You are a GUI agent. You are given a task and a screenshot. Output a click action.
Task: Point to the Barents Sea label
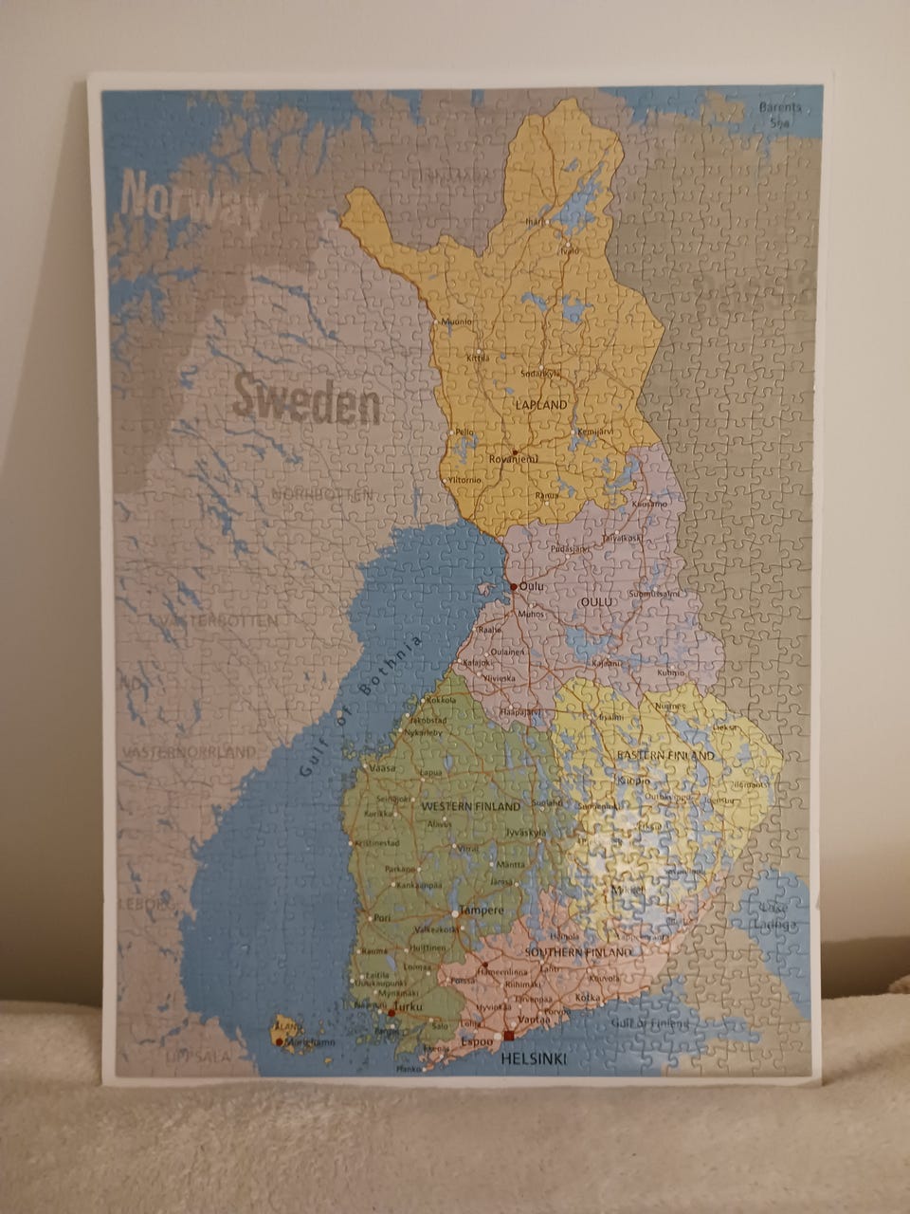[x=780, y=114]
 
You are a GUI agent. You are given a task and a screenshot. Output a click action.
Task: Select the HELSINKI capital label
[x=534, y=1059]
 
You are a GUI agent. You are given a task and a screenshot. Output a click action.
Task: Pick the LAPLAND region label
[x=541, y=405]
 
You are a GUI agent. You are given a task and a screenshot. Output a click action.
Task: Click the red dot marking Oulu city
[x=513, y=586]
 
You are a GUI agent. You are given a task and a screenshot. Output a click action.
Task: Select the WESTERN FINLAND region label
[x=471, y=806]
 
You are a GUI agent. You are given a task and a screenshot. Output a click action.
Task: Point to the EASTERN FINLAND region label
[x=665, y=755]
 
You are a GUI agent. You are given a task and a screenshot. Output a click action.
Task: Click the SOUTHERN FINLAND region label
[x=577, y=952]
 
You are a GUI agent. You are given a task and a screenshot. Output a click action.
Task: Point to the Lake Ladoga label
[x=778, y=916]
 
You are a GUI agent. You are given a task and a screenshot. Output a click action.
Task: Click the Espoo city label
[x=471, y=1040]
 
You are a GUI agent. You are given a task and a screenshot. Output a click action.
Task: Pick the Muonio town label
[x=457, y=322]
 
